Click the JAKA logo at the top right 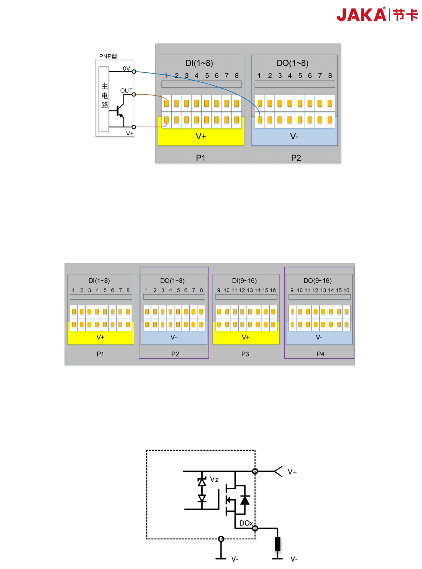tap(377, 15)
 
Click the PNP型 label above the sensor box tap(108, 56)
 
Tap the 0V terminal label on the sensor tap(126, 68)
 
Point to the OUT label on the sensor tap(126, 91)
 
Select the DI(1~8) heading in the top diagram tap(199, 63)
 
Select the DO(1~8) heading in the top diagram tap(293, 63)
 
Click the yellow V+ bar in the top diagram tap(201, 136)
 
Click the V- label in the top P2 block tap(294, 136)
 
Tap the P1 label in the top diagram tap(200, 158)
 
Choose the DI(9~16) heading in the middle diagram tap(244, 281)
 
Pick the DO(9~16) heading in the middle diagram tap(317, 281)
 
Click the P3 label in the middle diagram tap(245, 354)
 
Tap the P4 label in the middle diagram tap(320, 354)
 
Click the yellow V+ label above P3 tap(246, 337)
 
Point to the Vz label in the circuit tap(214, 480)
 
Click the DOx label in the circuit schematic tap(246, 523)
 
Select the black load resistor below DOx tap(277, 544)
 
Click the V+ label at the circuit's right tap(292, 472)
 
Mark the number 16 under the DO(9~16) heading tap(346, 290)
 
